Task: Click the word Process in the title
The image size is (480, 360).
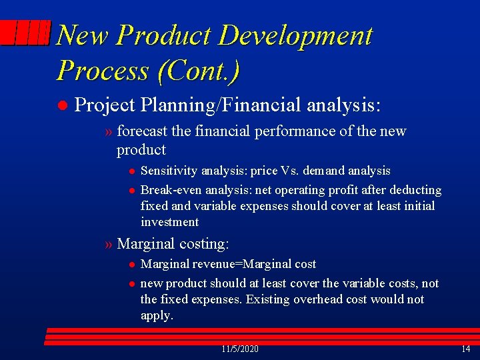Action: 103,69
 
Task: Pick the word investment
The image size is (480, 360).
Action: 169,222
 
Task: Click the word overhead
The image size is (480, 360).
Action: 316,299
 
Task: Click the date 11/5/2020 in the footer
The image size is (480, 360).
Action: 240,349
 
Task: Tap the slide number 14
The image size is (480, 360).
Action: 465,349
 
